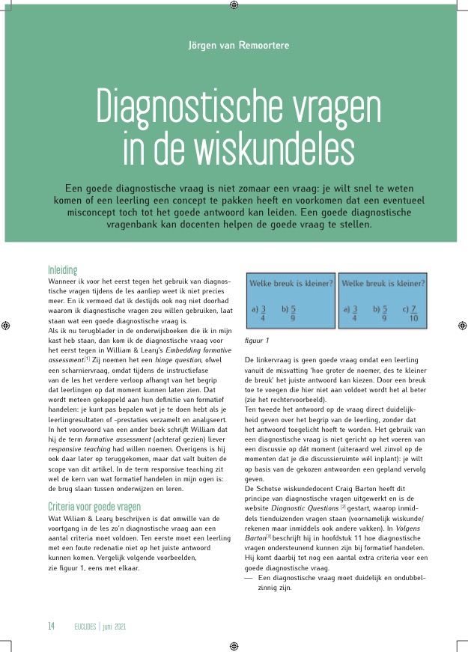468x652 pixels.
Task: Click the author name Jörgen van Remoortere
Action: (x=238, y=45)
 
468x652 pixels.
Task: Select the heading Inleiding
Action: (x=63, y=269)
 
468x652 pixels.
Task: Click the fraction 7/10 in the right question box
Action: (x=413, y=313)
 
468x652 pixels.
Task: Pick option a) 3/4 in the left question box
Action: (x=258, y=312)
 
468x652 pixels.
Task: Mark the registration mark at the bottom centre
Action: (x=234, y=645)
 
